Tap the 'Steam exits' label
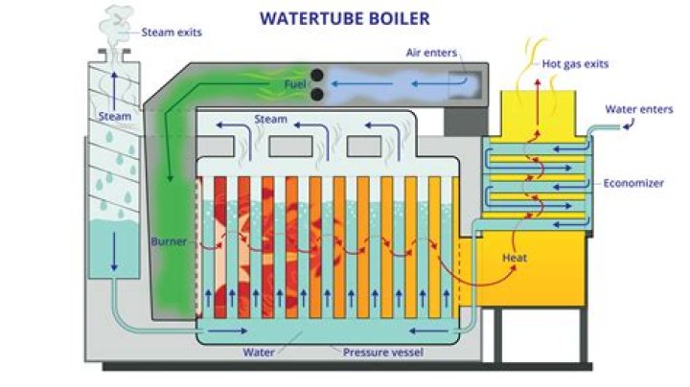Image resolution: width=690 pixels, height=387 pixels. [172, 33]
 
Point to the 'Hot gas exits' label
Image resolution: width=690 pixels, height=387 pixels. [575, 64]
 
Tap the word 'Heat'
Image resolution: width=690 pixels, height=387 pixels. [516, 258]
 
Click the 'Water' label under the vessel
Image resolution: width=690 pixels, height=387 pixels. [259, 352]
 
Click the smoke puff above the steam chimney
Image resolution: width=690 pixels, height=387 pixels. [115, 19]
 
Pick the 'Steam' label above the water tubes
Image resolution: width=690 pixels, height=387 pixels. [271, 119]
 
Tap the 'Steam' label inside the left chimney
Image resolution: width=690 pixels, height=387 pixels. [114, 117]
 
